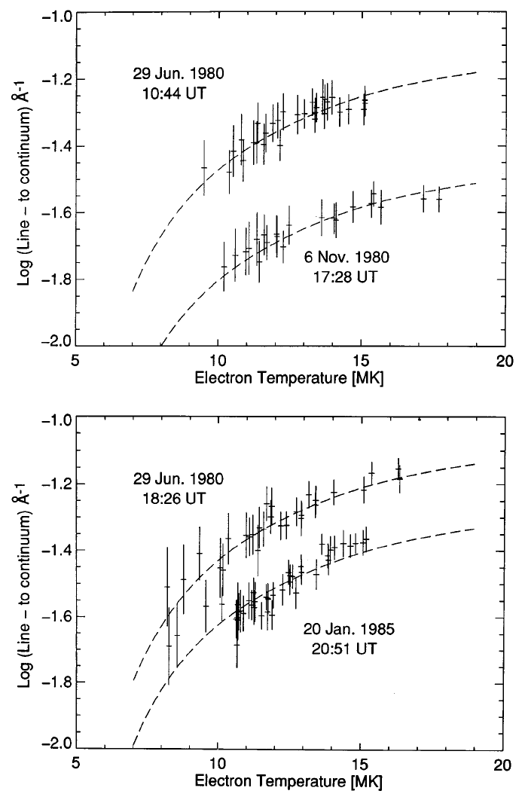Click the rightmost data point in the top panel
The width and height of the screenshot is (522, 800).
(x=439, y=200)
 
